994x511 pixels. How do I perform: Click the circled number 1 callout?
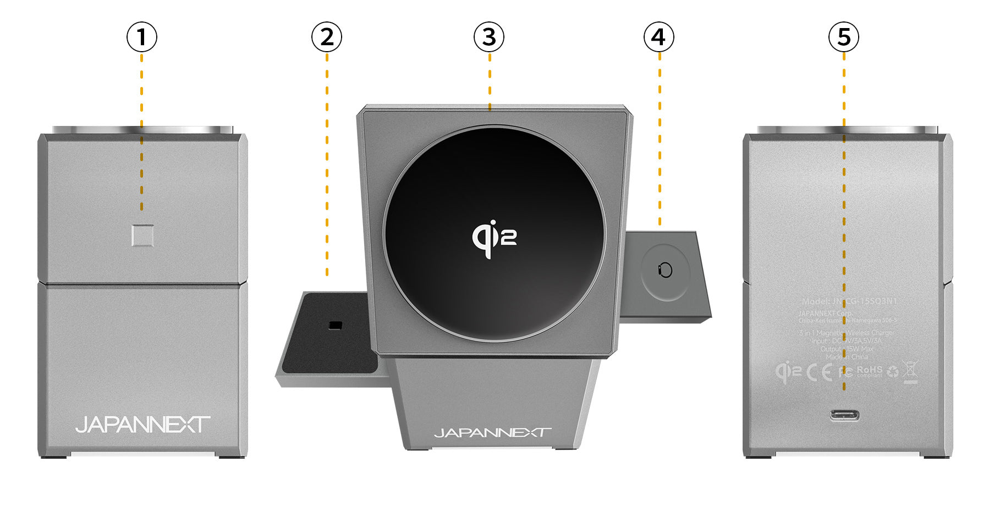tap(142, 37)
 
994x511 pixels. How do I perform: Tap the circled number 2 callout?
tap(327, 37)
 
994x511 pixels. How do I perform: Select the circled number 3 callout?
tap(489, 37)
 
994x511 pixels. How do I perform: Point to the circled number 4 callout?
tap(658, 37)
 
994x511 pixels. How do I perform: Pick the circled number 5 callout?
tap(844, 37)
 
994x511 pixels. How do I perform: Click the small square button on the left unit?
tap(142, 236)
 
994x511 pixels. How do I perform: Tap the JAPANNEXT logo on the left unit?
tap(142, 425)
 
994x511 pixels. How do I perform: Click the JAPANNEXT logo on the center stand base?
tap(492, 433)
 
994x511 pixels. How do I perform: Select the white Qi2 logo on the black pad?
tap(494, 238)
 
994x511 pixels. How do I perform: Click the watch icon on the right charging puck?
tap(666, 271)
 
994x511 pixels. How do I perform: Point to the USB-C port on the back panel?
tap(845, 415)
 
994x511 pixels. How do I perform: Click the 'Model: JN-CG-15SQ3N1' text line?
tap(849, 301)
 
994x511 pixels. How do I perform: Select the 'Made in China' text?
tap(848, 356)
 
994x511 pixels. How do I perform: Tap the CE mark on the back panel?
tap(819, 372)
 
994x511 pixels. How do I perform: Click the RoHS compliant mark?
tap(869, 372)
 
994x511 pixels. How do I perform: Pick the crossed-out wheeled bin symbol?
tap(910, 371)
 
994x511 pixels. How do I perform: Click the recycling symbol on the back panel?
tap(892, 372)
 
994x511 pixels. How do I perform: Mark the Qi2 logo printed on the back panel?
tap(788, 372)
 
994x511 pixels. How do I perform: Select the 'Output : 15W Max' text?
tap(847, 349)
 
